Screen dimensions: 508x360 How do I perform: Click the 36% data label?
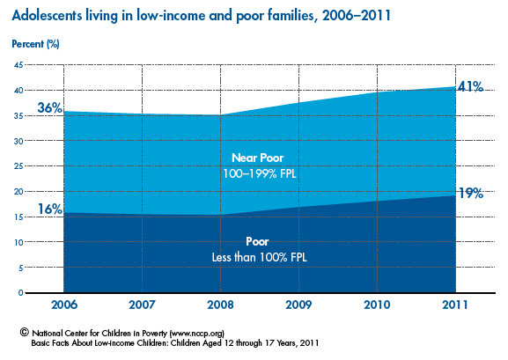[50, 107]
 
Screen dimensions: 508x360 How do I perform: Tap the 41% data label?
[471, 86]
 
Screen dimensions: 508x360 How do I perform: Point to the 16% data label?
[50, 209]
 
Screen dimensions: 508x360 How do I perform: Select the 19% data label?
[471, 193]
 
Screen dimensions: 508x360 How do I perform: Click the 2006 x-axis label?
[64, 305]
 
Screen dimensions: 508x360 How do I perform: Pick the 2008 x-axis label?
[220, 305]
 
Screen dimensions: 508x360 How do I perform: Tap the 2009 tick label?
[298, 305]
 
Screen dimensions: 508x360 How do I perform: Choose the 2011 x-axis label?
[455, 305]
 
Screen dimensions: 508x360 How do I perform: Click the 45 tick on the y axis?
[18, 65]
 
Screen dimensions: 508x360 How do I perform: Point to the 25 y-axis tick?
[18, 166]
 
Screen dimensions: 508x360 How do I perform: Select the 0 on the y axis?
[21, 293]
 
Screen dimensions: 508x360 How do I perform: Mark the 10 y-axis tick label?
[18, 242]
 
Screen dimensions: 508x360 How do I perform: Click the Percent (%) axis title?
[35, 44]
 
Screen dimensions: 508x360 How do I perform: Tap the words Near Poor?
[258, 158]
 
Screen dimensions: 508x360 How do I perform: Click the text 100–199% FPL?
[260, 173]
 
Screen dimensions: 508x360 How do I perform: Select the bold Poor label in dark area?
[257, 241]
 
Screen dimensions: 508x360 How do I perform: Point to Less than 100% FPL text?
[259, 257]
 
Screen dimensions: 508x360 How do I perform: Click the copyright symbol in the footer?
[25, 332]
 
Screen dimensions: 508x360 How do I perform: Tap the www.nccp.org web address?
[196, 333]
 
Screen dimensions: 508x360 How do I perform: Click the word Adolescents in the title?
[47, 15]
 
